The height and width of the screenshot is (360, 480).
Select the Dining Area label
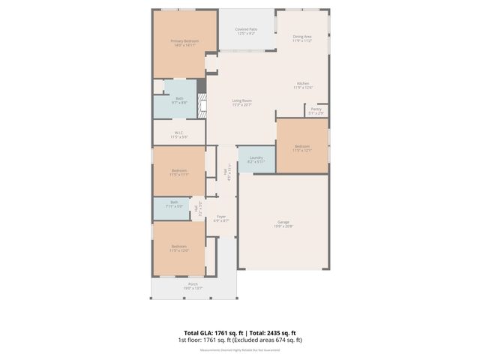point(302,38)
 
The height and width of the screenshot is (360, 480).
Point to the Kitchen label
point(302,85)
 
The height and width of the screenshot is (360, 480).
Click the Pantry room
point(315,112)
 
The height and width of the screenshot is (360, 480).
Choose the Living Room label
point(241,103)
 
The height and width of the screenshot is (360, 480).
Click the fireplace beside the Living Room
point(201,106)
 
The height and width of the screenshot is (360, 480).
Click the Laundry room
point(256,159)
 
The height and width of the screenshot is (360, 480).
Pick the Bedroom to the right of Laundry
point(301,148)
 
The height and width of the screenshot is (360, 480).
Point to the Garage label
point(283,223)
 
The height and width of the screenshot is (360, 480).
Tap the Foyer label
point(220,220)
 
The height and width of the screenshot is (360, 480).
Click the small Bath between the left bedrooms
point(174,203)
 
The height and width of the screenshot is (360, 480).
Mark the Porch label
point(193,286)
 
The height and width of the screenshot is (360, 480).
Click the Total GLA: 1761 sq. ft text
point(210,332)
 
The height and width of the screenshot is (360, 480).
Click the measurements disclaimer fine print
point(239,349)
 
